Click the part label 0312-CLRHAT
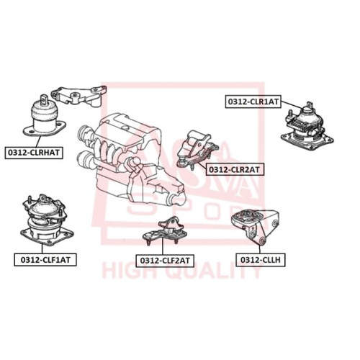point(34,153)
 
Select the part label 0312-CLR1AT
point(253,102)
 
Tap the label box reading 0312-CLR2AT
point(234,169)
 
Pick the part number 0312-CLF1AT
point(45,259)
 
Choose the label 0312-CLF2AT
point(165,261)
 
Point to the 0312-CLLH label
point(261,260)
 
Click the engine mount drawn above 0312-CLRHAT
point(45,116)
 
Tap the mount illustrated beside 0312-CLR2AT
point(197,150)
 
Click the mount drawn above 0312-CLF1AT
point(47,220)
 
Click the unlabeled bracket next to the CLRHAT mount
point(79,96)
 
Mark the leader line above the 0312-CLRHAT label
point(37,141)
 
